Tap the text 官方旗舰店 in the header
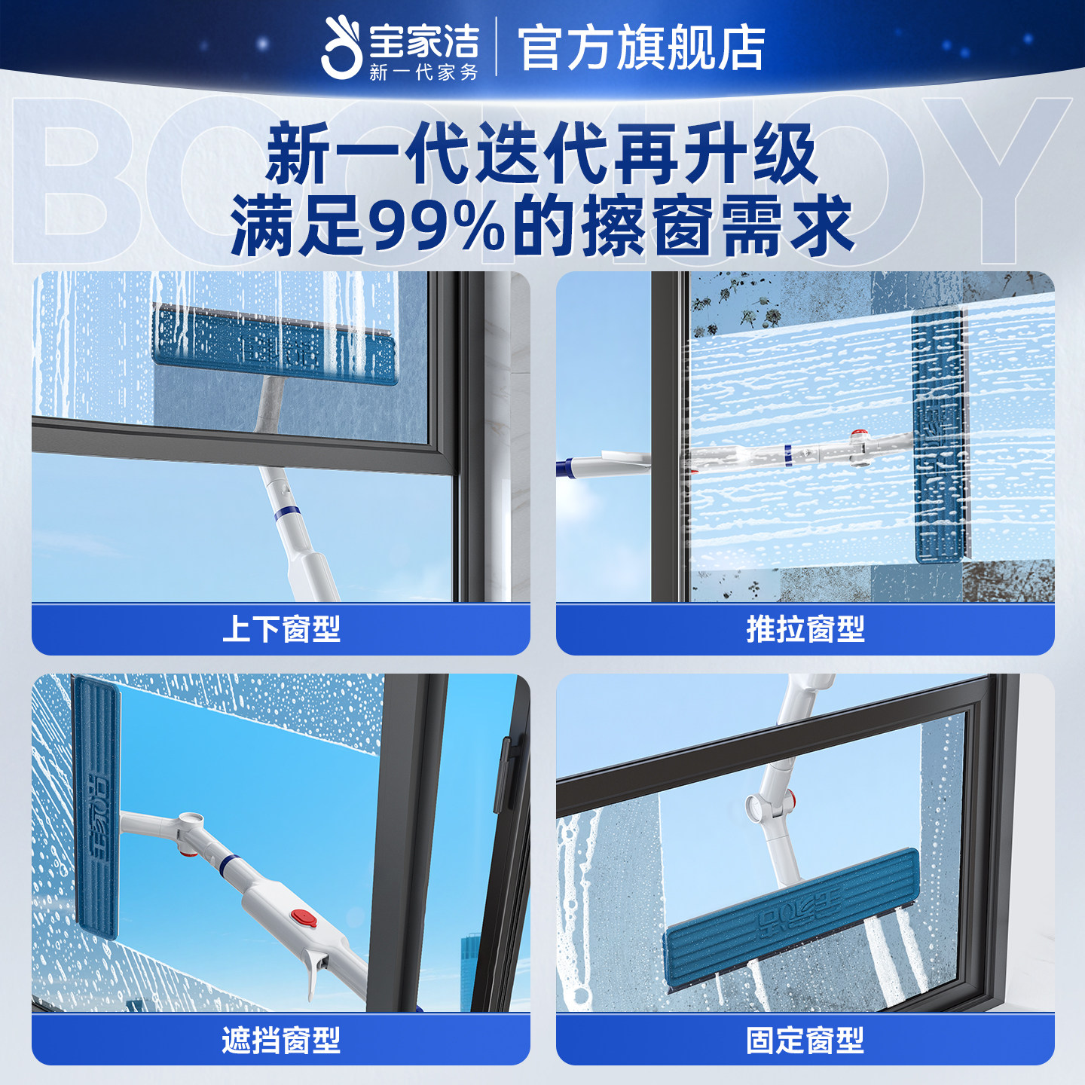coord(641,47)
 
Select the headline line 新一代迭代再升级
coord(542,154)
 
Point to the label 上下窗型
coord(281,629)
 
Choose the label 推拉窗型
coord(805,629)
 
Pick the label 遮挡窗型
coord(281,1041)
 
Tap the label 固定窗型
coord(805,1041)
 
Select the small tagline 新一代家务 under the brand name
coord(423,72)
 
